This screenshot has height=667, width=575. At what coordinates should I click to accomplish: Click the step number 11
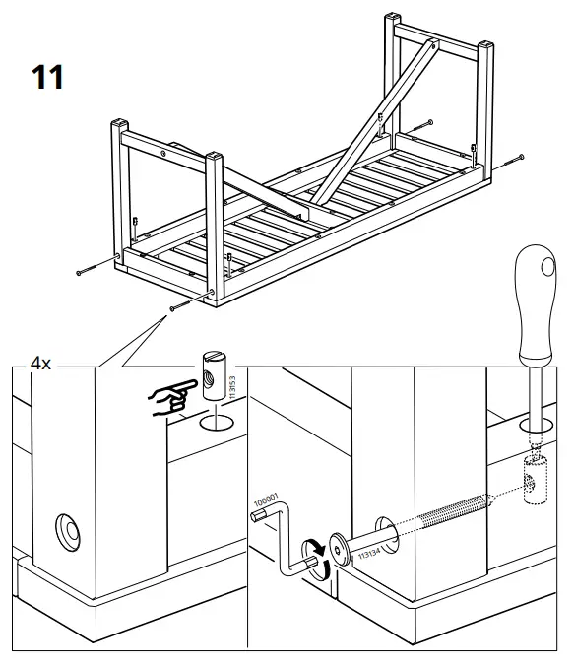click(48, 77)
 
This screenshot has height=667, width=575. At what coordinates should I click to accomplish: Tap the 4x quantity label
click(40, 364)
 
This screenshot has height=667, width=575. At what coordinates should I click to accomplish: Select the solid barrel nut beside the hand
click(215, 373)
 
